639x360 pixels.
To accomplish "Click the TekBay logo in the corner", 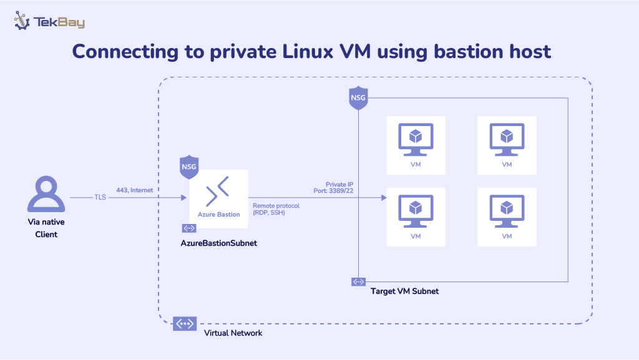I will pos(49,22).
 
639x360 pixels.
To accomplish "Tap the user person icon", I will pos(46,194).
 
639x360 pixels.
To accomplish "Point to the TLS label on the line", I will pos(100,198).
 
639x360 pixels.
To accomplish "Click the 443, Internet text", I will pos(134,190).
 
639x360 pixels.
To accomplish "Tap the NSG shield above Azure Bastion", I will pos(188,167).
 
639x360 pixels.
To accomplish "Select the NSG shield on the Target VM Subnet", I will pos(358,99).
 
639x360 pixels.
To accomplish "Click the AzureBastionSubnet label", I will pos(218,243).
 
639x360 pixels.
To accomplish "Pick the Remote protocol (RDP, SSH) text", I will pos(276,208).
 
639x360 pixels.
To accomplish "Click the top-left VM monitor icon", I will pos(416,139).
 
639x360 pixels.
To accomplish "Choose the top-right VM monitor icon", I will pos(507,139).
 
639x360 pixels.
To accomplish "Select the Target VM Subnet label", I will pos(404,291).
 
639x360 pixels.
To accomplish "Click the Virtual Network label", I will pos(233,333).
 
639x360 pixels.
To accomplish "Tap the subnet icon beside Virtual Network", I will pos(185,324).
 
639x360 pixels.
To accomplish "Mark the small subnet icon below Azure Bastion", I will pos(189,228).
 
